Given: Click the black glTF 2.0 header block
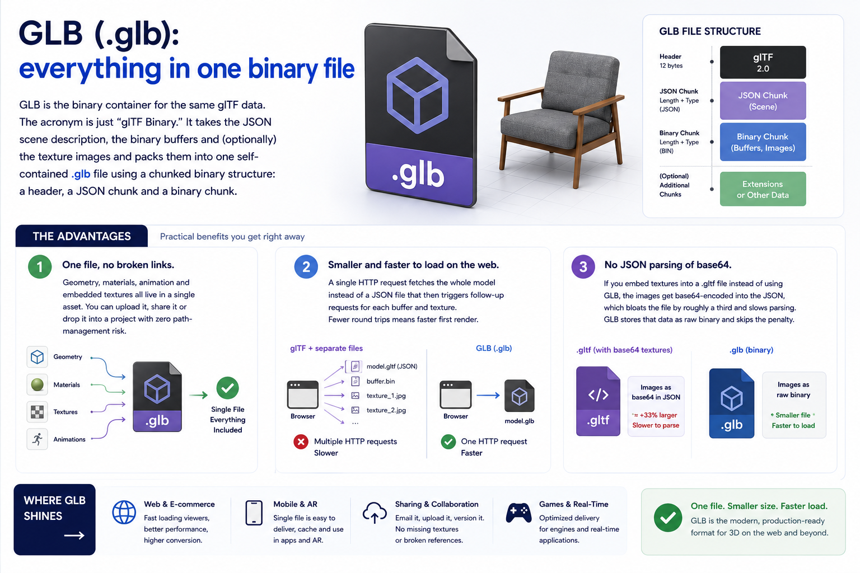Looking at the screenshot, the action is pyautogui.click(x=763, y=62).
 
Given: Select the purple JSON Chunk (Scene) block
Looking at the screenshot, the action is pyautogui.click(x=763, y=101).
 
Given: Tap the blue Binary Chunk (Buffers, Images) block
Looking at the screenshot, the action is pyautogui.click(x=763, y=142).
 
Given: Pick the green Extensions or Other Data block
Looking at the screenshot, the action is pyautogui.click(x=763, y=189).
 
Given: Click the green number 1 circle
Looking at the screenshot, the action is pyautogui.click(x=40, y=266).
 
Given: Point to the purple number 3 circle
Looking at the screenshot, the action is pyautogui.click(x=583, y=266).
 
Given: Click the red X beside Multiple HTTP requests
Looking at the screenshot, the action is pyautogui.click(x=301, y=442).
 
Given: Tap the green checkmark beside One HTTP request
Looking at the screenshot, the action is pyautogui.click(x=448, y=442).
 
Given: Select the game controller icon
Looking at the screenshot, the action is pyautogui.click(x=518, y=513).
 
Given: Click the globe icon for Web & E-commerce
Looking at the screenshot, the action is pyautogui.click(x=124, y=513).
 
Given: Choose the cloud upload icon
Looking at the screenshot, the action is pyautogui.click(x=375, y=513).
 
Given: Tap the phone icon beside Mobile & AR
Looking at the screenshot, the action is pyautogui.click(x=254, y=513).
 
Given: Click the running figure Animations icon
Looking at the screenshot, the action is pyautogui.click(x=38, y=439).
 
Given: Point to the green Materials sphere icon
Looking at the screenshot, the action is pyautogui.click(x=38, y=384).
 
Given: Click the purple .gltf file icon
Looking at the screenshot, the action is pyautogui.click(x=598, y=401).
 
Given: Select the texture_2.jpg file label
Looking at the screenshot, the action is pyautogui.click(x=386, y=410).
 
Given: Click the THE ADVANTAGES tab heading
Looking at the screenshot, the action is pyautogui.click(x=82, y=236).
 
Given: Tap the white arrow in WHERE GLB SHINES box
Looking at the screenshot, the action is pyautogui.click(x=74, y=536).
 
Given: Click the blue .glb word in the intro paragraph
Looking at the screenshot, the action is pyautogui.click(x=81, y=174).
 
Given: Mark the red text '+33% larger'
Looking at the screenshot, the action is pyautogui.click(x=658, y=415).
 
